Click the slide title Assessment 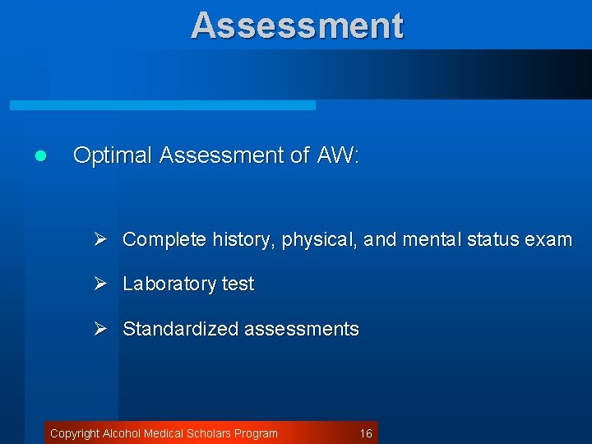(x=297, y=25)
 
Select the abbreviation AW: (x=337, y=155)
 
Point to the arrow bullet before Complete (x=101, y=239)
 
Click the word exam (x=550, y=240)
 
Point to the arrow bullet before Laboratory (x=101, y=284)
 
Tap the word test (x=238, y=284)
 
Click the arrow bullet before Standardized (x=101, y=328)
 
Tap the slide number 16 (x=366, y=433)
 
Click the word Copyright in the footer (x=75, y=433)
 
